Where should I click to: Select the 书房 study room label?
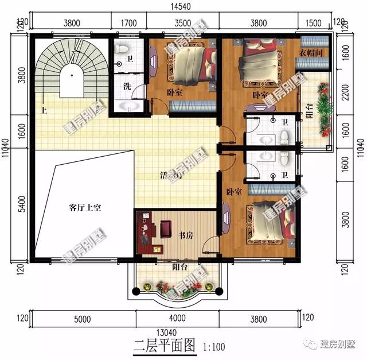(x=185, y=235)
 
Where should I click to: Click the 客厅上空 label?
(x=85, y=208)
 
